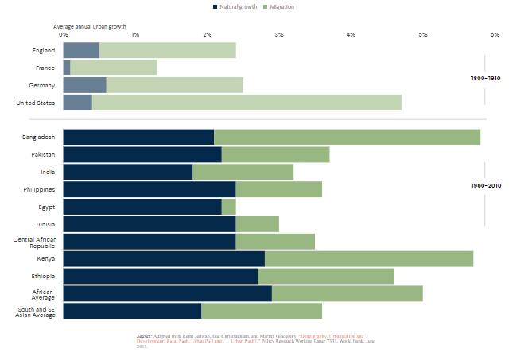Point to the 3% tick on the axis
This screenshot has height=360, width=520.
point(278,34)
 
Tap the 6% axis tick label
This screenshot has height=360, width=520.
point(494,34)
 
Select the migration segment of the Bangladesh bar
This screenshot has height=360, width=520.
point(347,137)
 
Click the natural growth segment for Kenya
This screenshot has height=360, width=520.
point(163,258)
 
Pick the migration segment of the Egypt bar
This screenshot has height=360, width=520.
point(228,207)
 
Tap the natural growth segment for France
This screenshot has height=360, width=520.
point(66,68)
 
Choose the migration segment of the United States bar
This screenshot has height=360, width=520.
point(246,103)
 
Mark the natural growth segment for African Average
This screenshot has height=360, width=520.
point(167,293)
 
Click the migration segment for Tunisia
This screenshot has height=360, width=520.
point(257,224)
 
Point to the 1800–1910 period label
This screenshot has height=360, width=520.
point(485,79)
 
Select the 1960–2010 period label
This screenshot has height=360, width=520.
point(485,185)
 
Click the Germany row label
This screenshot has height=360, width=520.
point(42,85)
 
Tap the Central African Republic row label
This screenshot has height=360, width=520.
point(33,242)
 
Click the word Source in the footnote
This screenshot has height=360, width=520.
point(144,336)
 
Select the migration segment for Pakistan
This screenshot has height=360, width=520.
point(275,154)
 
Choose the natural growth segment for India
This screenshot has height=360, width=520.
point(127,172)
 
